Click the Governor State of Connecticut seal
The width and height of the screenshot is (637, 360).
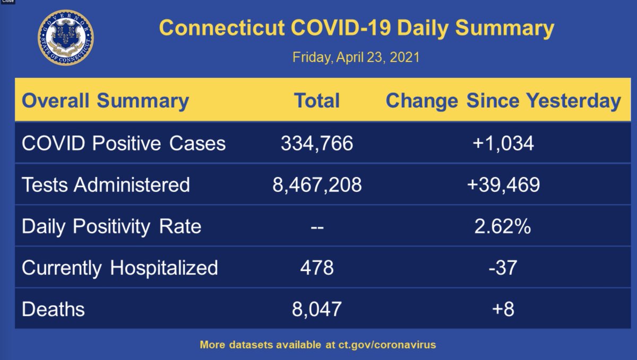tap(65, 38)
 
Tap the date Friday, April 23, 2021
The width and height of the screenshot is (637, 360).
tap(356, 57)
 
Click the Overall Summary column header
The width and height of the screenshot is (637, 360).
tap(106, 101)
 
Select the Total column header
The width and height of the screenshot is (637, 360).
tap(316, 101)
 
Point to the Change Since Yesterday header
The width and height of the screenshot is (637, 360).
tap(503, 101)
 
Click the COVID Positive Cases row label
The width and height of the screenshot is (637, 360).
tap(124, 143)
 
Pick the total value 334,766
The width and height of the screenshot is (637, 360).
tap(317, 143)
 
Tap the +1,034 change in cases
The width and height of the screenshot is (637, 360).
tap(503, 143)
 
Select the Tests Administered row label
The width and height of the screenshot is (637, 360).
tap(106, 184)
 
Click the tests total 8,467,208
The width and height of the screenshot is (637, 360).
tap(317, 184)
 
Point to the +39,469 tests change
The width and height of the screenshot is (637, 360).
tap(503, 184)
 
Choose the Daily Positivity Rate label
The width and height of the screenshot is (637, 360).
tap(111, 226)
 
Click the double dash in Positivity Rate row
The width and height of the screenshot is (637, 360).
tap(316, 227)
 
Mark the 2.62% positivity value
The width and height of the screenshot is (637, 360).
tap(503, 226)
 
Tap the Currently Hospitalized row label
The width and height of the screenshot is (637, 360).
tap(120, 267)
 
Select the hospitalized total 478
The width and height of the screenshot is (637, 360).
tap(317, 267)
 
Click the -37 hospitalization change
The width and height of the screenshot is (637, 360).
tap(503, 267)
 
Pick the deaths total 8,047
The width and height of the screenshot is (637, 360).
tap(317, 308)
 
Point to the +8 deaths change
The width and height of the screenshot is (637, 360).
tap(503, 308)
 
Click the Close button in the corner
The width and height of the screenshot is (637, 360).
tap(7, 2)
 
